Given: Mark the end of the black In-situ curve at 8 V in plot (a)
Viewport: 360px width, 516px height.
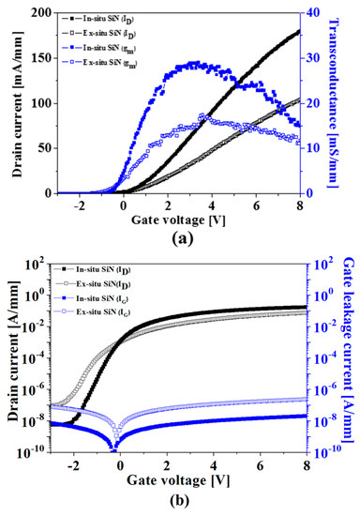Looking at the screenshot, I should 300,31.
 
